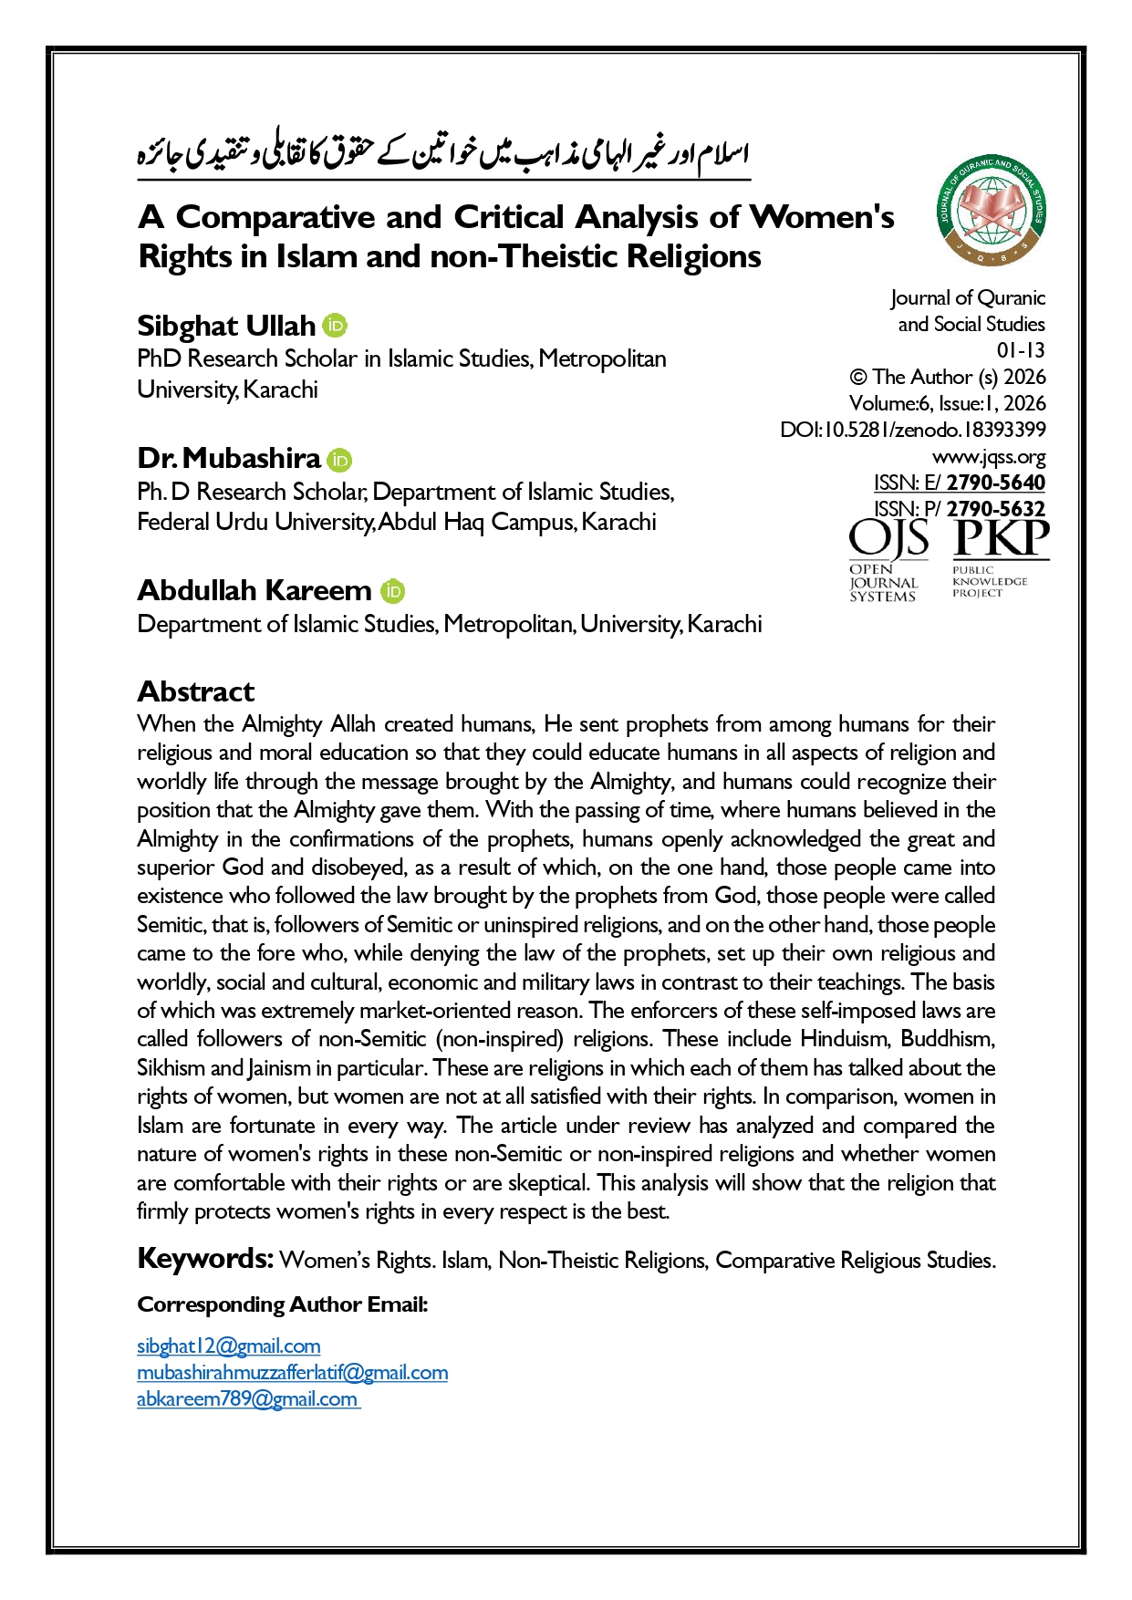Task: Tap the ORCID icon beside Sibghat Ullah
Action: tap(335, 326)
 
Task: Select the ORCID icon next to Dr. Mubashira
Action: tap(339, 459)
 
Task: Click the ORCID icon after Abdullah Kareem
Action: tap(392, 591)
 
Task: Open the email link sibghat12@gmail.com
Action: tap(228, 1345)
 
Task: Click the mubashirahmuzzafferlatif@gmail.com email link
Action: tap(292, 1372)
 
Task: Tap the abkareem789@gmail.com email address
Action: tap(247, 1398)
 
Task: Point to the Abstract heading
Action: tap(195, 691)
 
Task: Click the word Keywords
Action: tap(205, 1259)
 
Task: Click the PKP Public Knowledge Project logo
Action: tap(1001, 557)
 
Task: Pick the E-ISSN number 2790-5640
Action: tap(995, 483)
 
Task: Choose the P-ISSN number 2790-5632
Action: tap(995, 509)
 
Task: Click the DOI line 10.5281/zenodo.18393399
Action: tap(913, 430)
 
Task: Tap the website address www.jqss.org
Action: tap(989, 456)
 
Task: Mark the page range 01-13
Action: tap(1021, 350)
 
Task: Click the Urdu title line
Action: tap(443, 153)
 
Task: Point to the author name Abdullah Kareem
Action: tap(254, 591)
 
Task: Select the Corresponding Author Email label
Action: tap(283, 1304)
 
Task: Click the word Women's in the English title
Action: tap(821, 217)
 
